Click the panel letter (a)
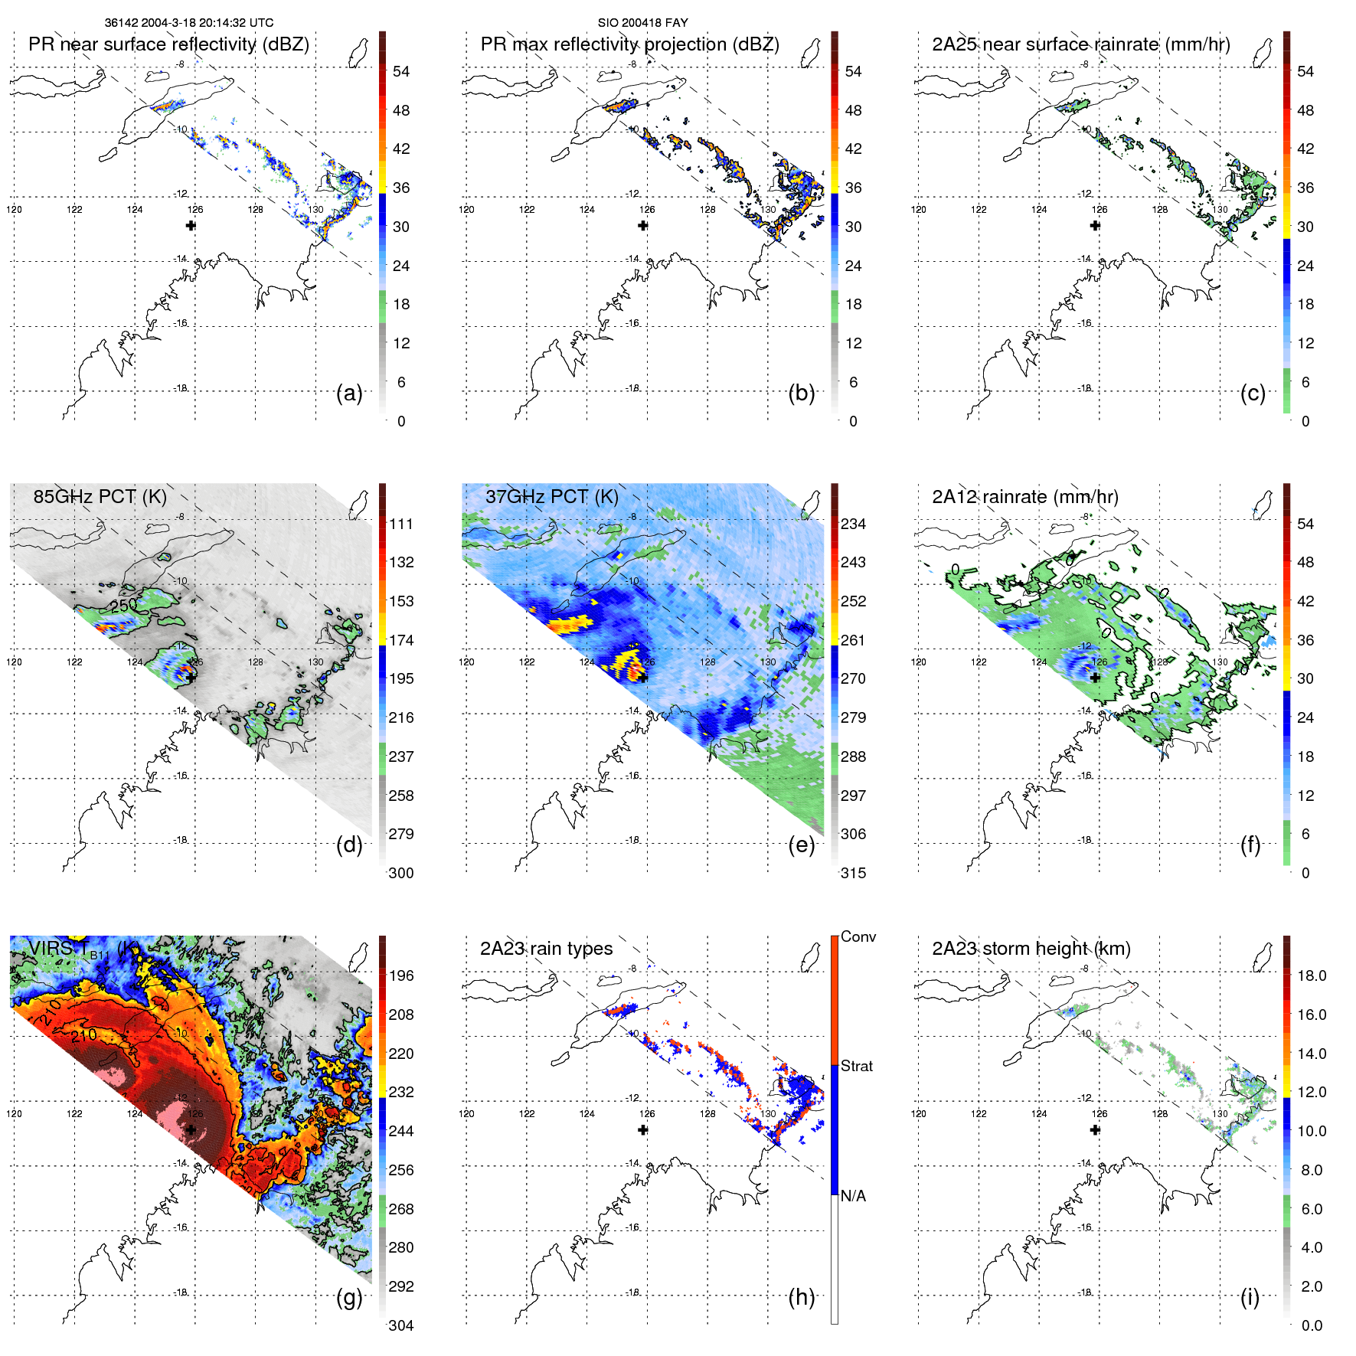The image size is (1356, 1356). coord(349,394)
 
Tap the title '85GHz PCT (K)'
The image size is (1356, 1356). coord(100,496)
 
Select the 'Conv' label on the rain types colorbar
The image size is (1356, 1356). coord(858,936)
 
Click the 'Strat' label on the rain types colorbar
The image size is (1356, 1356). coord(856,1066)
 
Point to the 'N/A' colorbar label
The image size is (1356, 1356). coord(853,1196)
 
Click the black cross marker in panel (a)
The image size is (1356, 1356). coord(191,225)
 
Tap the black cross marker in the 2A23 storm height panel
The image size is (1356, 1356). coord(1095,1129)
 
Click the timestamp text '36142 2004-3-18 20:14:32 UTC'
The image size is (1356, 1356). coord(189,23)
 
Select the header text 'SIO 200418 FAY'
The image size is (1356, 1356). coord(642,23)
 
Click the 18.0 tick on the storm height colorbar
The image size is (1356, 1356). coord(1311,975)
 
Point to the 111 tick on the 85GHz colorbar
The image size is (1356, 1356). coord(401,524)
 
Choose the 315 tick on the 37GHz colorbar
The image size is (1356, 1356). coord(853,873)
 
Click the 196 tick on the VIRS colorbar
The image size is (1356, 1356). coord(401,975)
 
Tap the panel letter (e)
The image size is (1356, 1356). coord(801,845)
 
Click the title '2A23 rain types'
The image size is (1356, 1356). coord(546,949)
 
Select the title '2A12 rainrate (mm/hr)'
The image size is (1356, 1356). coord(1024,497)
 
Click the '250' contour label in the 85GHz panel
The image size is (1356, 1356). coord(123,605)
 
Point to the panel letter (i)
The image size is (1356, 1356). coord(1250,1297)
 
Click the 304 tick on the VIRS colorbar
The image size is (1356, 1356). coord(401,1325)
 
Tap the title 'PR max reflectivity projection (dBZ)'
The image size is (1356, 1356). coord(629,44)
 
